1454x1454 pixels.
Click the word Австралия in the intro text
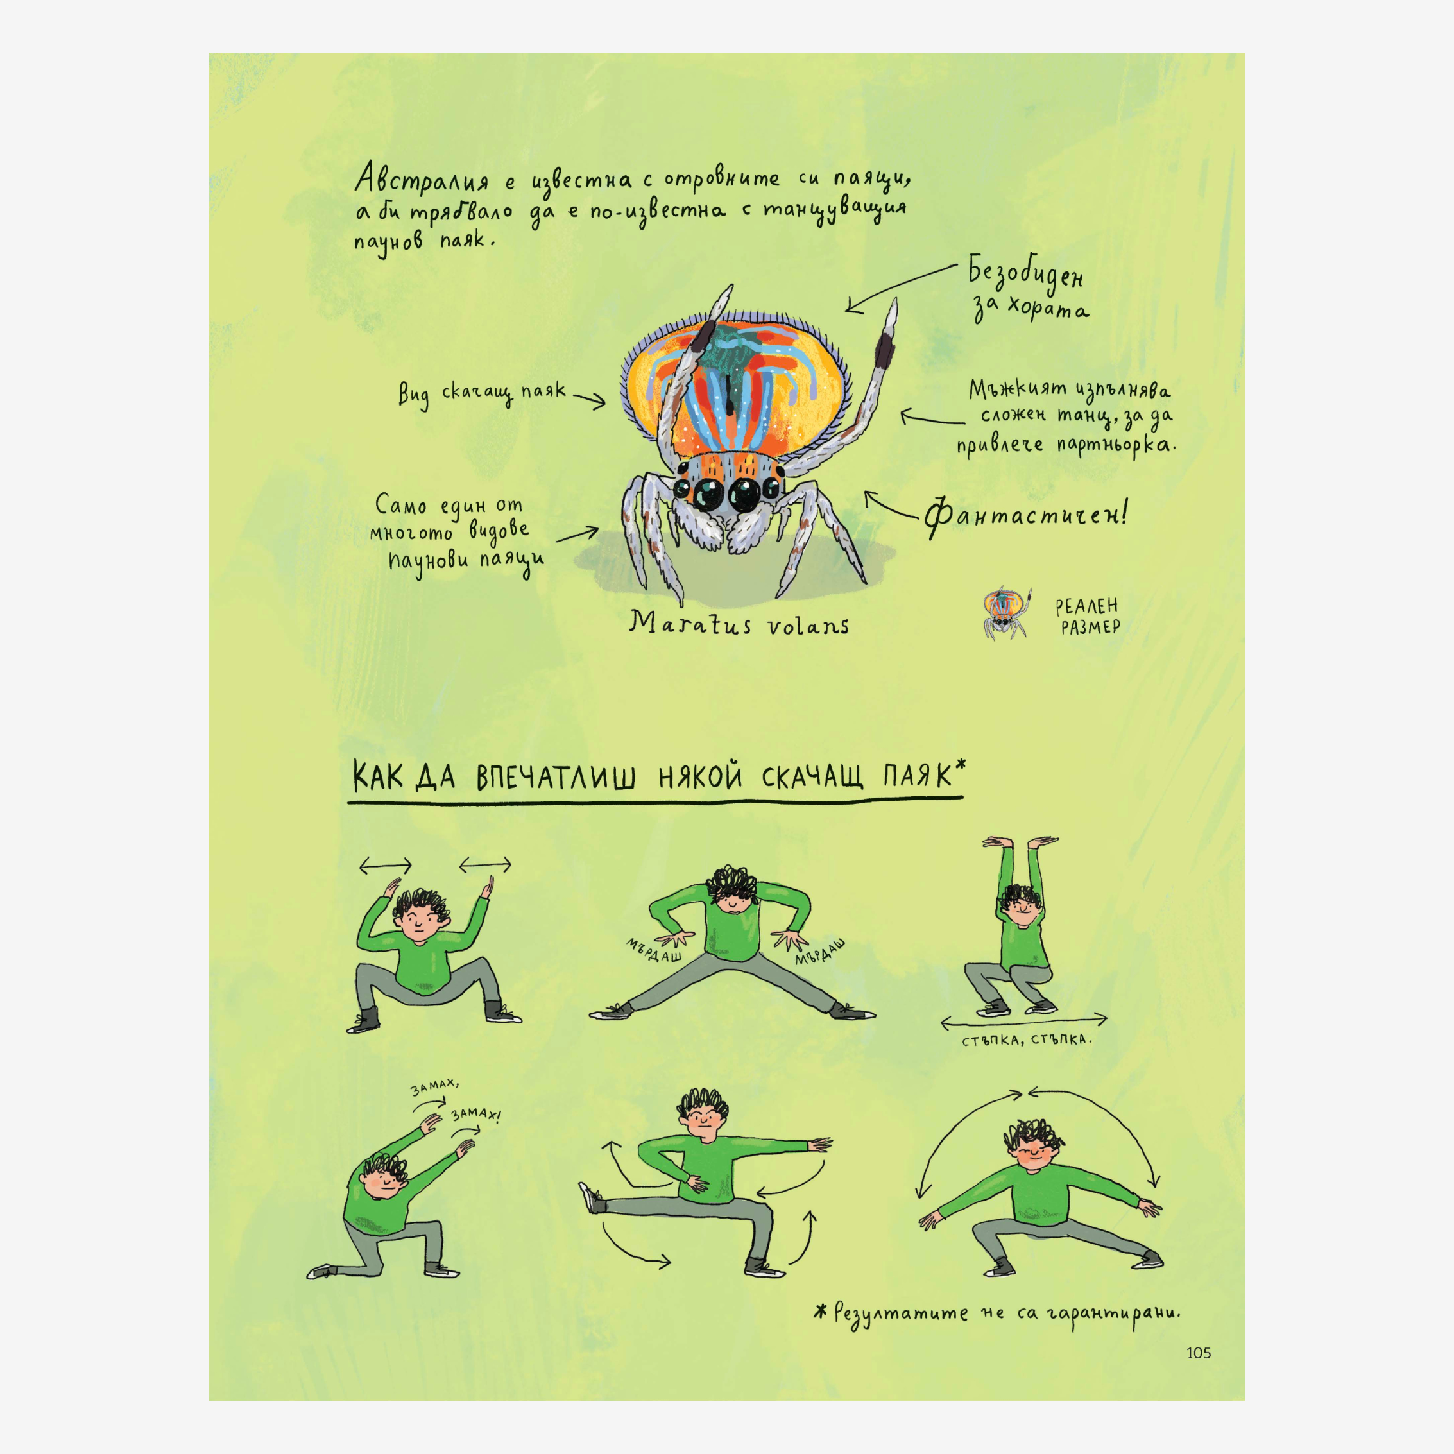point(422,180)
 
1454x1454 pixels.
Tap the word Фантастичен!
point(1026,515)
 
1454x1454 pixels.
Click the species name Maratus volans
point(739,624)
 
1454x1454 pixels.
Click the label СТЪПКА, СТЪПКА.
point(1027,1040)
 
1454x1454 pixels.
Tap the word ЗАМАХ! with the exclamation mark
point(475,1113)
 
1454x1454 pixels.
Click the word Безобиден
point(1026,274)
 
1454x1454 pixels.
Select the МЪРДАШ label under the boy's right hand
point(654,950)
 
